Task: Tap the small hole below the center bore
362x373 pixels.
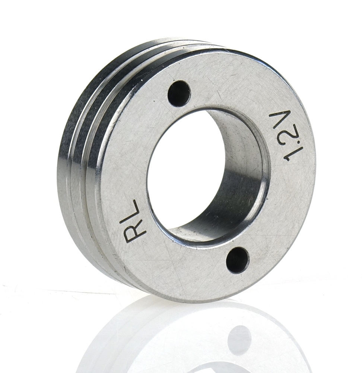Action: pyautogui.click(x=238, y=260)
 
